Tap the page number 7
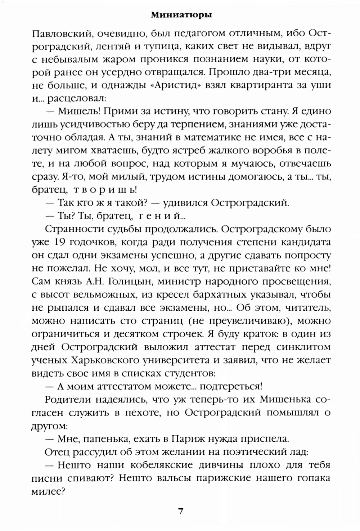181,511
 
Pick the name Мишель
76,112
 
